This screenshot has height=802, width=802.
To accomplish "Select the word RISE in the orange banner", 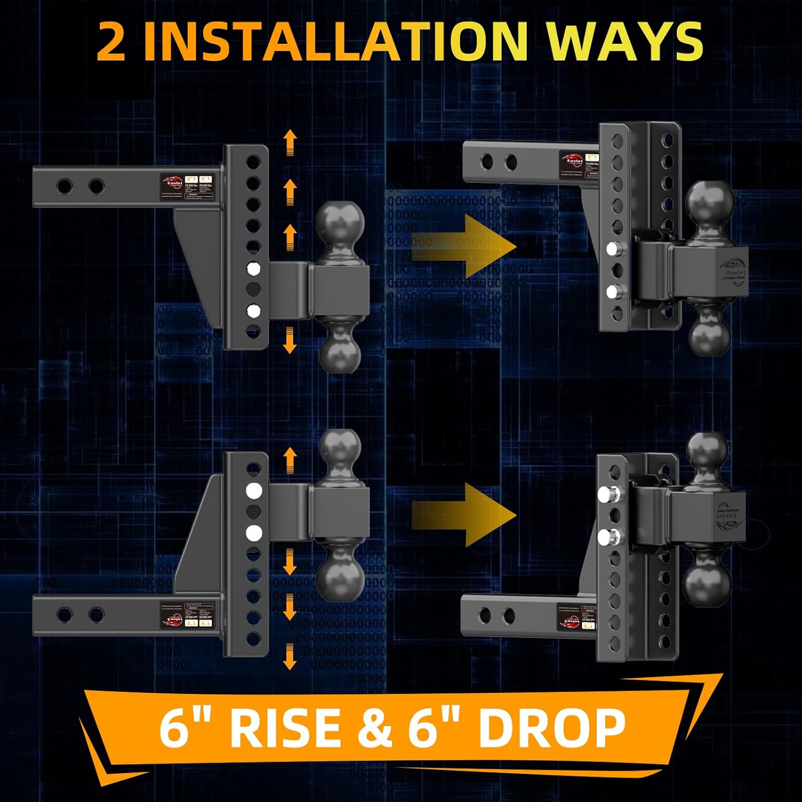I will (284, 728).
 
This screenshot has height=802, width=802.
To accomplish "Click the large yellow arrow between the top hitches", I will (464, 246).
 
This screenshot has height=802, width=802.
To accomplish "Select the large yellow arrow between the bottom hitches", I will (464, 515).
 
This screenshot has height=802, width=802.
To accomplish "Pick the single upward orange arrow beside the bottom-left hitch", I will (290, 460).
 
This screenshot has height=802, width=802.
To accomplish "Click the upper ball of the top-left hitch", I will (340, 224).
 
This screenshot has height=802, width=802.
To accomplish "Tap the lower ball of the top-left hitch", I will (340, 350).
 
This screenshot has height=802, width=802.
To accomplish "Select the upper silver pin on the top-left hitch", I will (253, 268).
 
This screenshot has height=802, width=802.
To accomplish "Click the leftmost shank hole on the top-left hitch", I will (65, 187).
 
